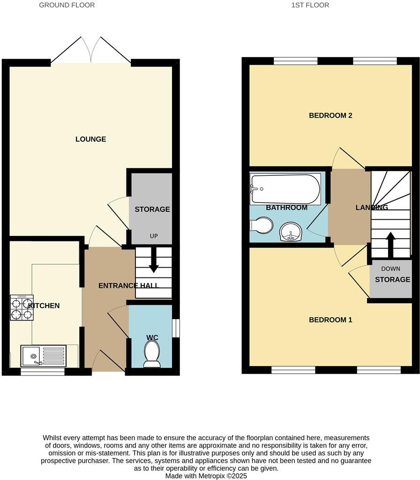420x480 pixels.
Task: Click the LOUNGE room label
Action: click(90, 139)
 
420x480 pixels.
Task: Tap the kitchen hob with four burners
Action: click(22, 307)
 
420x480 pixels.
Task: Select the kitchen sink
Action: click(43, 356)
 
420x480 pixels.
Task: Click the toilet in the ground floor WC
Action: click(151, 354)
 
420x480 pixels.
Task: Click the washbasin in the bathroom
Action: click(292, 232)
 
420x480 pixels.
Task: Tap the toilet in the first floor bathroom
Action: click(262, 225)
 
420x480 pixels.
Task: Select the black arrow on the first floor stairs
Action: click(390, 240)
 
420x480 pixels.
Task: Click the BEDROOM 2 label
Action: click(330, 116)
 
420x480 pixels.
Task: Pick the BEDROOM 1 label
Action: click(330, 320)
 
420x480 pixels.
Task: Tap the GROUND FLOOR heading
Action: click(67, 5)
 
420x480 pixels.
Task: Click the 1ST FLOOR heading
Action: click(310, 5)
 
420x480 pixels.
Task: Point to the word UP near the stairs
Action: click(153, 236)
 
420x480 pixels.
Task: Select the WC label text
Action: click(151, 337)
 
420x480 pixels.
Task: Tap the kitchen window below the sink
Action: click(43, 372)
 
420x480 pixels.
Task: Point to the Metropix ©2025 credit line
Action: click(206, 475)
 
